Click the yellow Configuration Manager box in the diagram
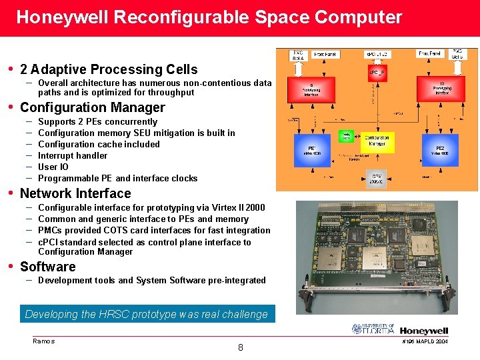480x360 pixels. point(377,141)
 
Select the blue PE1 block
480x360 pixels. point(311,152)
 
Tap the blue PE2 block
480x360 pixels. point(440,151)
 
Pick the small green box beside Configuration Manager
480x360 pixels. point(346,136)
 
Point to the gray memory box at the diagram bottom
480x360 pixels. point(377,178)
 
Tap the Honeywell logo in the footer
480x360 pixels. point(424,331)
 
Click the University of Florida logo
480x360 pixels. point(373,329)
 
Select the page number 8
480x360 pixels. point(240,347)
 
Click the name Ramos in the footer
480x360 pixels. point(43,341)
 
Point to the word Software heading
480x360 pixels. point(47,267)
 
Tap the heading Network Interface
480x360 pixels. point(75,193)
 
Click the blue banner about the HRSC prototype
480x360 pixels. point(146,314)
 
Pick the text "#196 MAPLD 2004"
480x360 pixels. point(425,341)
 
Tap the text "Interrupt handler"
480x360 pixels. point(73,155)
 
